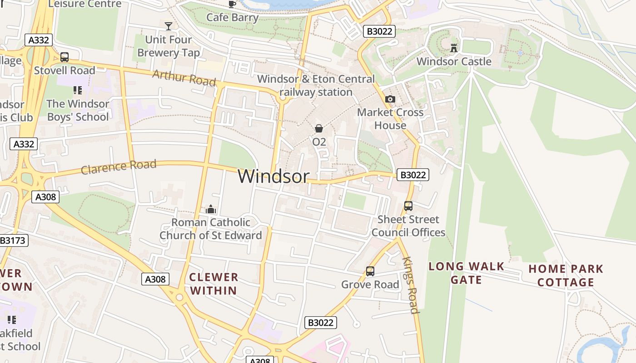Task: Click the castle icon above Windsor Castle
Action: (x=453, y=47)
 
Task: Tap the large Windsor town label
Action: (x=273, y=176)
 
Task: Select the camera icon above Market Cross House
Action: (x=390, y=99)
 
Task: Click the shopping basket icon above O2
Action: (x=319, y=128)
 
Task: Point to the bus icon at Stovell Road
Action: (x=65, y=57)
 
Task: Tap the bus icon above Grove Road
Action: (x=370, y=271)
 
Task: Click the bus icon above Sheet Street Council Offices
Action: (x=408, y=206)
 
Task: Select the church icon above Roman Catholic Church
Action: (x=210, y=209)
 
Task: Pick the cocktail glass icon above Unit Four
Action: (x=169, y=26)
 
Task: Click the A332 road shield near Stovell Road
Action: (x=38, y=40)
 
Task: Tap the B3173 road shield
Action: (x=13, y=240)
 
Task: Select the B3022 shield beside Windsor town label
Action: (x=412, y=175)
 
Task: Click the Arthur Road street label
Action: (x=184, y=78)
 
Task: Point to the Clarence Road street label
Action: (x=119, y=167)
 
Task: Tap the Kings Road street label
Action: (x=410, y=285)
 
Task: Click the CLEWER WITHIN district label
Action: (x=214, y=284)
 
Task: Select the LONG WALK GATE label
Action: (x=467, y=273)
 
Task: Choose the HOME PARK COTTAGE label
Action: (x=566, y=275)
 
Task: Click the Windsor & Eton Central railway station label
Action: (x=316, y=85)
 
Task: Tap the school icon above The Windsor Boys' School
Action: (x=77, y=90)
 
